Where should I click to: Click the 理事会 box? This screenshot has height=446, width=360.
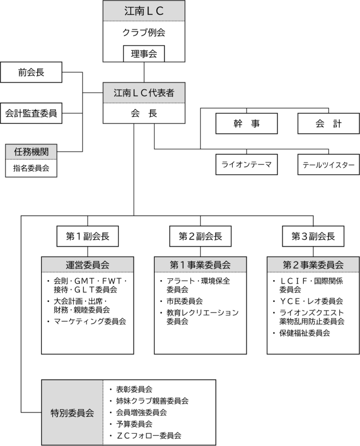pyautogui.click(x=144, y=54)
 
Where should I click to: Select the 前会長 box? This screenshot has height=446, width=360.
pyautogui.click(x=31, y=72)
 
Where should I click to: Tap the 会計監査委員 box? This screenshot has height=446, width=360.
pyautogui.click(x=31, y=113)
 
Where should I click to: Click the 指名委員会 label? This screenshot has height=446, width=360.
pyautogui.click(x=31, y=168)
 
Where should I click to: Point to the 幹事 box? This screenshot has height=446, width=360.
pyautogui.click(x=246, y=123)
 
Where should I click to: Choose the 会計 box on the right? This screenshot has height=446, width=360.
pyautogui.click(x=329, y=123)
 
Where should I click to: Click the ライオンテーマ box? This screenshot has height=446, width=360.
pyautogui.click(x=246, y=164)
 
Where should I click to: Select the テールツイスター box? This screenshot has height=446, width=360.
pyautogui.click(x=329, y=164)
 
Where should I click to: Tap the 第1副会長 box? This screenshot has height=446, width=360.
pyautogui.click(x=88, y=236)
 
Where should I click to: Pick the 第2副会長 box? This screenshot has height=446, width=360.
pyautogui.click(x=200, y=236)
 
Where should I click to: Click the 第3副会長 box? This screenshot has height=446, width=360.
pyautogui.click(x=313, y=236)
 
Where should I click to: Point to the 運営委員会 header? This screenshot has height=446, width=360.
pyautogui.click(x=88, y=264)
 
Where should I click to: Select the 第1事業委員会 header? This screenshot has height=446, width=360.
pyautogui.click(x=200, y=264)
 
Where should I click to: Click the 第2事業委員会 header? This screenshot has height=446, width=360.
pyautogui.click(x=313, y=264)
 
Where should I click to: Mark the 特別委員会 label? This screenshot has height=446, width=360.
pyautogui.click(x=72, y=413)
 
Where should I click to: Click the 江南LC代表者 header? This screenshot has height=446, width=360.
pyautogui.click(x=144, y=93)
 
